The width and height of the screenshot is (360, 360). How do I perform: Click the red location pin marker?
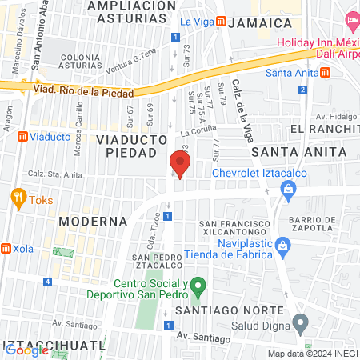click(x=180, y=164)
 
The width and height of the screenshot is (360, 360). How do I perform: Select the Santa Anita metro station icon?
click(x=326, y=73)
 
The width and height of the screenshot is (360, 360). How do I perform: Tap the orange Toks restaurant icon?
click(x=17, y=196)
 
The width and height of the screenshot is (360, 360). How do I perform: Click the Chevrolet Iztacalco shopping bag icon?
click(x=287, y=188)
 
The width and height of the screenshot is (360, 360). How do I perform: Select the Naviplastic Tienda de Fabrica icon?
click(x=282, y=244)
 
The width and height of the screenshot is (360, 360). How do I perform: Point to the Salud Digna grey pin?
click(x=300, y=323)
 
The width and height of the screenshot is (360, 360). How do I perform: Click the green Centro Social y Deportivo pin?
click(x=200, y=285)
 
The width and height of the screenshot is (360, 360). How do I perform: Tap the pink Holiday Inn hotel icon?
click(x=351, y=19)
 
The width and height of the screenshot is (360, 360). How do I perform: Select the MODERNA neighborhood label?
click(x=93, y=220)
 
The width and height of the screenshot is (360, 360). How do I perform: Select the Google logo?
click(x=26, y=350)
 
